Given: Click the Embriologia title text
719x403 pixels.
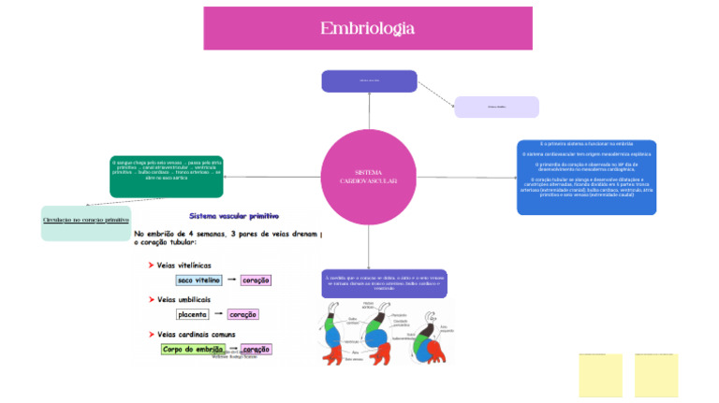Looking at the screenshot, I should (367, 29).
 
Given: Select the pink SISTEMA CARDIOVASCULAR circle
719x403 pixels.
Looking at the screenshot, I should (369, 177).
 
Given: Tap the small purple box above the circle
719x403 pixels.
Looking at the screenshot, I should (369, 81).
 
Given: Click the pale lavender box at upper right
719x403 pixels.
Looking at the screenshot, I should (496, 107).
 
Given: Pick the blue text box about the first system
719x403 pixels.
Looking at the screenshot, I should (586, 177).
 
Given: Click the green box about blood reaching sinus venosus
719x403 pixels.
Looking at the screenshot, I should (167, 176).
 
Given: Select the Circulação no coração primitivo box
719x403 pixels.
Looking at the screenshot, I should (86, 223).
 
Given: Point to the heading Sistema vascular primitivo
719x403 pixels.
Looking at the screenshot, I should (234, 216).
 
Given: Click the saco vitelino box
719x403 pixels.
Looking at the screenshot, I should (198, 281).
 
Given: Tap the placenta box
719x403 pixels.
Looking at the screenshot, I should (193, 314).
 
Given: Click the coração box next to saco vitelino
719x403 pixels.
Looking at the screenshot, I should (256, 281).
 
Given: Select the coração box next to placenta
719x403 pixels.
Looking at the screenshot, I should (242, 314).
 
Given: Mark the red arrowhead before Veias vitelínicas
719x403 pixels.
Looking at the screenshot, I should (151, 266).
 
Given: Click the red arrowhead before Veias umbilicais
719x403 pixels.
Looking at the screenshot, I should (151, 299).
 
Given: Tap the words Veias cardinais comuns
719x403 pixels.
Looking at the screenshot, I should (196, 334).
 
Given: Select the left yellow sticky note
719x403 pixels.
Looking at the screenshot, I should (600, 375).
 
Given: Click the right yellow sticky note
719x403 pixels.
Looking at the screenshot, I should (655, 375).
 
